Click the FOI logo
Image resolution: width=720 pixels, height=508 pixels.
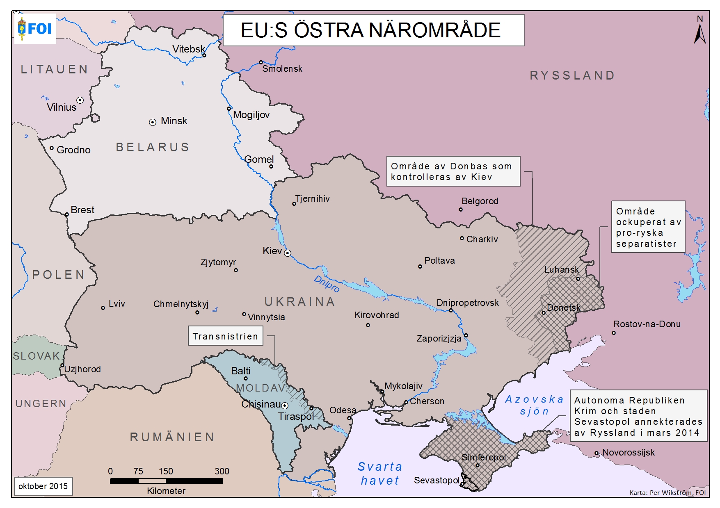pyautogui.click(x=35, y=29)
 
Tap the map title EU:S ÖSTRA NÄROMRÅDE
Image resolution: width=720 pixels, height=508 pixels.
pyautogui.click(x=371, y=30)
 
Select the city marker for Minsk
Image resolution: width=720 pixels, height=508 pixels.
pyautogui.click(x=153, y=122)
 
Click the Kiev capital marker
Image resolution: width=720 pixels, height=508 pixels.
pyautogui.click(x=288, y=253)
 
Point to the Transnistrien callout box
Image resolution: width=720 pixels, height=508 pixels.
pyautogui.click(x=225, y=336)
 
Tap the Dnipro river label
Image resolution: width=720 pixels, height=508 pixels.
pyautogui.click(x=327, y=284)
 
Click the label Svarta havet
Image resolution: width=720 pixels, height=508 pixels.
pyautogui.click(x=379, y=473)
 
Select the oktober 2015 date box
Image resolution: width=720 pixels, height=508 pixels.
pyautogui.click(x=43, y=486)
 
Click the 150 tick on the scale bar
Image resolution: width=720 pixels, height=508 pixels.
pyautogui.click(x=166, y=481)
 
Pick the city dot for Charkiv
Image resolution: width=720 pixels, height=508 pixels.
pyautogui.click(x=462, y=238)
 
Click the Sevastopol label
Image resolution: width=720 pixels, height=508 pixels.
pyautogui.click(x=436, y=480)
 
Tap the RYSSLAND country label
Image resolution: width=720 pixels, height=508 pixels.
pyautogui.click(x=572, y=75)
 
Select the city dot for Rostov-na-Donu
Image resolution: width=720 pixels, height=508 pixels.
pyautogui.click(x=614, y=333)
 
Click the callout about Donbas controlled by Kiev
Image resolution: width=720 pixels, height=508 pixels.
pyautogui.click(x=453, y=171)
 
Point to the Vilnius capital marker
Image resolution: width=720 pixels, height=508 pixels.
pyautogui.click(x=80, y=100)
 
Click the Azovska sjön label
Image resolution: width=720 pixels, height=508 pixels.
pyautogui.click(x=534, y=405)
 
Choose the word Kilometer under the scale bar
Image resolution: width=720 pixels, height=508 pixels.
pyautogui.click(x=166, y=491)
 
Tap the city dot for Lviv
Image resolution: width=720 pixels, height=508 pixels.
pyautogui.click(x=103, y=308)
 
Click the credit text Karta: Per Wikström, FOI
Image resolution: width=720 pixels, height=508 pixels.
pyautogui.click(x=667, y=492)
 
